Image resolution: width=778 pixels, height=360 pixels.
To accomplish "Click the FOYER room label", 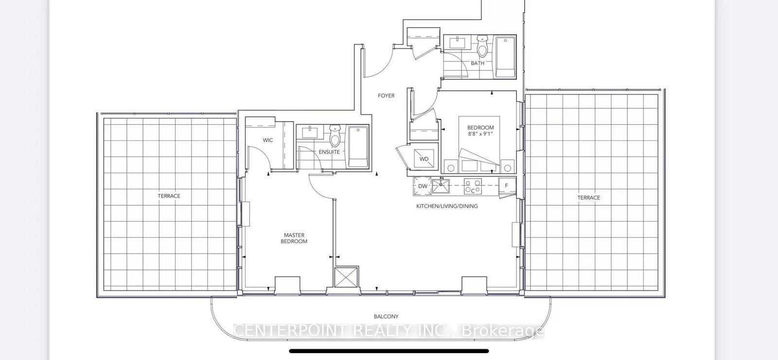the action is pyautogui.click(x=386, y=95).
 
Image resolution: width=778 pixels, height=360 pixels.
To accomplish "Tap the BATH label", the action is pyautogui.click(x=477, y=63).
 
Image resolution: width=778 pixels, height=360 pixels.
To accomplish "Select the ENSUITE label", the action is pyautogui.click(x=329, y=152).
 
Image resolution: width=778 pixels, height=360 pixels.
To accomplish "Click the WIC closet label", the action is pyautogui.click(x=268, y=141).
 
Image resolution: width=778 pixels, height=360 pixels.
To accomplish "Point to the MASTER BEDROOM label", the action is pyautogui.click(x=294, y=238).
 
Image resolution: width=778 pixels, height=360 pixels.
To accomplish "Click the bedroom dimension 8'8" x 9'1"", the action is pyautogui.click(x=481, y=134).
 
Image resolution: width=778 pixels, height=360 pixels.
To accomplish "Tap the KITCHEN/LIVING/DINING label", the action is pyautogui.click(x=447, y=206).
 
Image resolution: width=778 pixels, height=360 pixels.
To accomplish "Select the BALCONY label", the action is pyautogui.click(x=386, y=317).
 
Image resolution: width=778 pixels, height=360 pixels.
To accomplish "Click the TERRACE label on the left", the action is pyautogui.click(x=169, y=196).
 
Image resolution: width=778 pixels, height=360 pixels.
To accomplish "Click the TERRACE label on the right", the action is pyautogui.click(x=589, y=198).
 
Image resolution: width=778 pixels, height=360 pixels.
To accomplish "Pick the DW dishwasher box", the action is pyautogui.click(x=423, y=186).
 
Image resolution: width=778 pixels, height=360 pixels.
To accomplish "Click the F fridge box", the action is pyautogui.click(x=507, y=186).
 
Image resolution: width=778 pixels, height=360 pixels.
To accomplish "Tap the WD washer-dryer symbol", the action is pyautogui.click(x=424, y=159).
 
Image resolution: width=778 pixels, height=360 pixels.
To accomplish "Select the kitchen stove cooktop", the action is pyautogui.click(x=473, y=187).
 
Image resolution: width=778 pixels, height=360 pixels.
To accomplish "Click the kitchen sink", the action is pyautogui.click(x=441, y=186).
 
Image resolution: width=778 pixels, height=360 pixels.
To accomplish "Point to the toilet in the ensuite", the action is pyautogui.click(x=335, y=136).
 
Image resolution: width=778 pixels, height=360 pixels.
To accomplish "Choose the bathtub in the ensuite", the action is pyautogui.click(x=358, y=147).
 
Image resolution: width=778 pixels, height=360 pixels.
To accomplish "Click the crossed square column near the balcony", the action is pyautogui.click(x=346, y=277).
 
